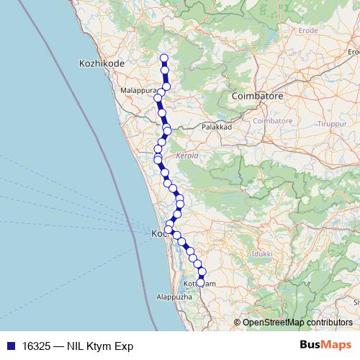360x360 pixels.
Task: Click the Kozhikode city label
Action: coord(101,64)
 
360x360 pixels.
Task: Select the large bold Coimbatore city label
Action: coord(258,96)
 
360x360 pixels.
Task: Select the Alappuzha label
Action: coord(174,296)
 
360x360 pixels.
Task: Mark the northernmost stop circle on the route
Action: coord(163,58)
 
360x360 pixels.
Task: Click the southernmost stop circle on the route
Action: coord(201,282)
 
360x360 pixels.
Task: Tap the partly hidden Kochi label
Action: coord(158,235)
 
